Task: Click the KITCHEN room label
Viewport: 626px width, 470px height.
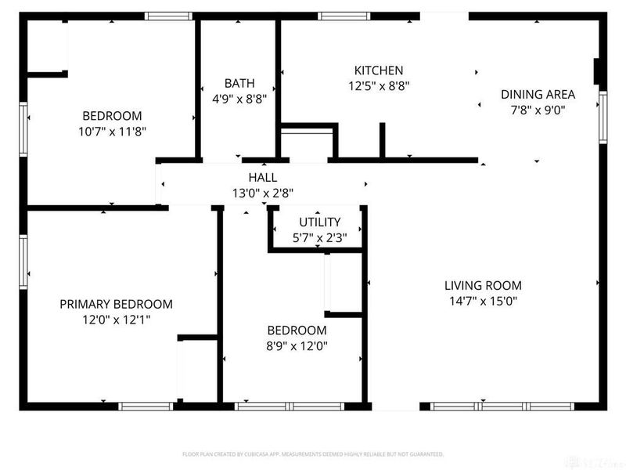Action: (379, 70)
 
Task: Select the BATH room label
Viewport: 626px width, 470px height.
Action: (239, 83)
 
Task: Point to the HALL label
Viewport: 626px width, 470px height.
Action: (262, 178)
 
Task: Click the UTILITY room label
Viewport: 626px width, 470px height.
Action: (318, 222)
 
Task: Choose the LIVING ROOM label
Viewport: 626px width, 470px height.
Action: (483, 286)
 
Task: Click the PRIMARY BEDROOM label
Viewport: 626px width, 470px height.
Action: (116, 304)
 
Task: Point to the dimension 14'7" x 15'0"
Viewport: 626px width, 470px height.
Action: (483, 301)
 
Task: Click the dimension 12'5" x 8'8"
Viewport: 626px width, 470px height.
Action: (379, 85)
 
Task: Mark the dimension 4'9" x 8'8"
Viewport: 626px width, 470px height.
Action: (239, 99)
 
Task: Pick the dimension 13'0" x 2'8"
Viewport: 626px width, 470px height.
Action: (262, 193)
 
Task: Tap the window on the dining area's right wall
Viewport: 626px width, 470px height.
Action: (602, 117)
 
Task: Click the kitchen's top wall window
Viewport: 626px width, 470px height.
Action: (344, 16)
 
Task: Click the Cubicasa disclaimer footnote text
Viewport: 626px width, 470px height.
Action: (313, 454)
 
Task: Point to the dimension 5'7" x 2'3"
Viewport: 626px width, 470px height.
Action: (318, 237)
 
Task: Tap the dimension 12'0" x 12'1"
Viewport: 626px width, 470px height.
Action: (116, 319)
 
